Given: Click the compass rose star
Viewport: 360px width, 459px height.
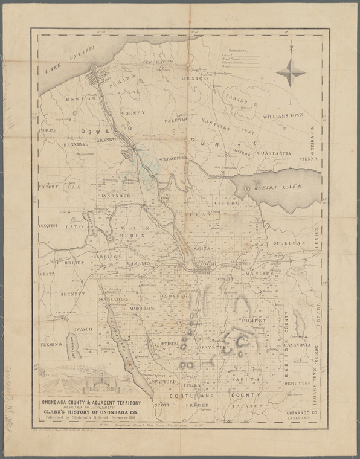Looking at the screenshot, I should [291, 72].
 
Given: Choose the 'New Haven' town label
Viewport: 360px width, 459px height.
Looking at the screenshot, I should [158, 62].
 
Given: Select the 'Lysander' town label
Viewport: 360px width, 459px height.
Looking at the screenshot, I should [117, 196].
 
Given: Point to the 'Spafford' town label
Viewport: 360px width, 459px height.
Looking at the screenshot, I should [164, 382].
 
